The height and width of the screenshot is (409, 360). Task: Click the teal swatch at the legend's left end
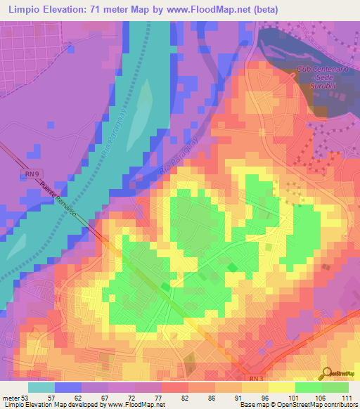coord(41,387)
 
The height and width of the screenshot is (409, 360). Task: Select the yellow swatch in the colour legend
coord(281,387)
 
